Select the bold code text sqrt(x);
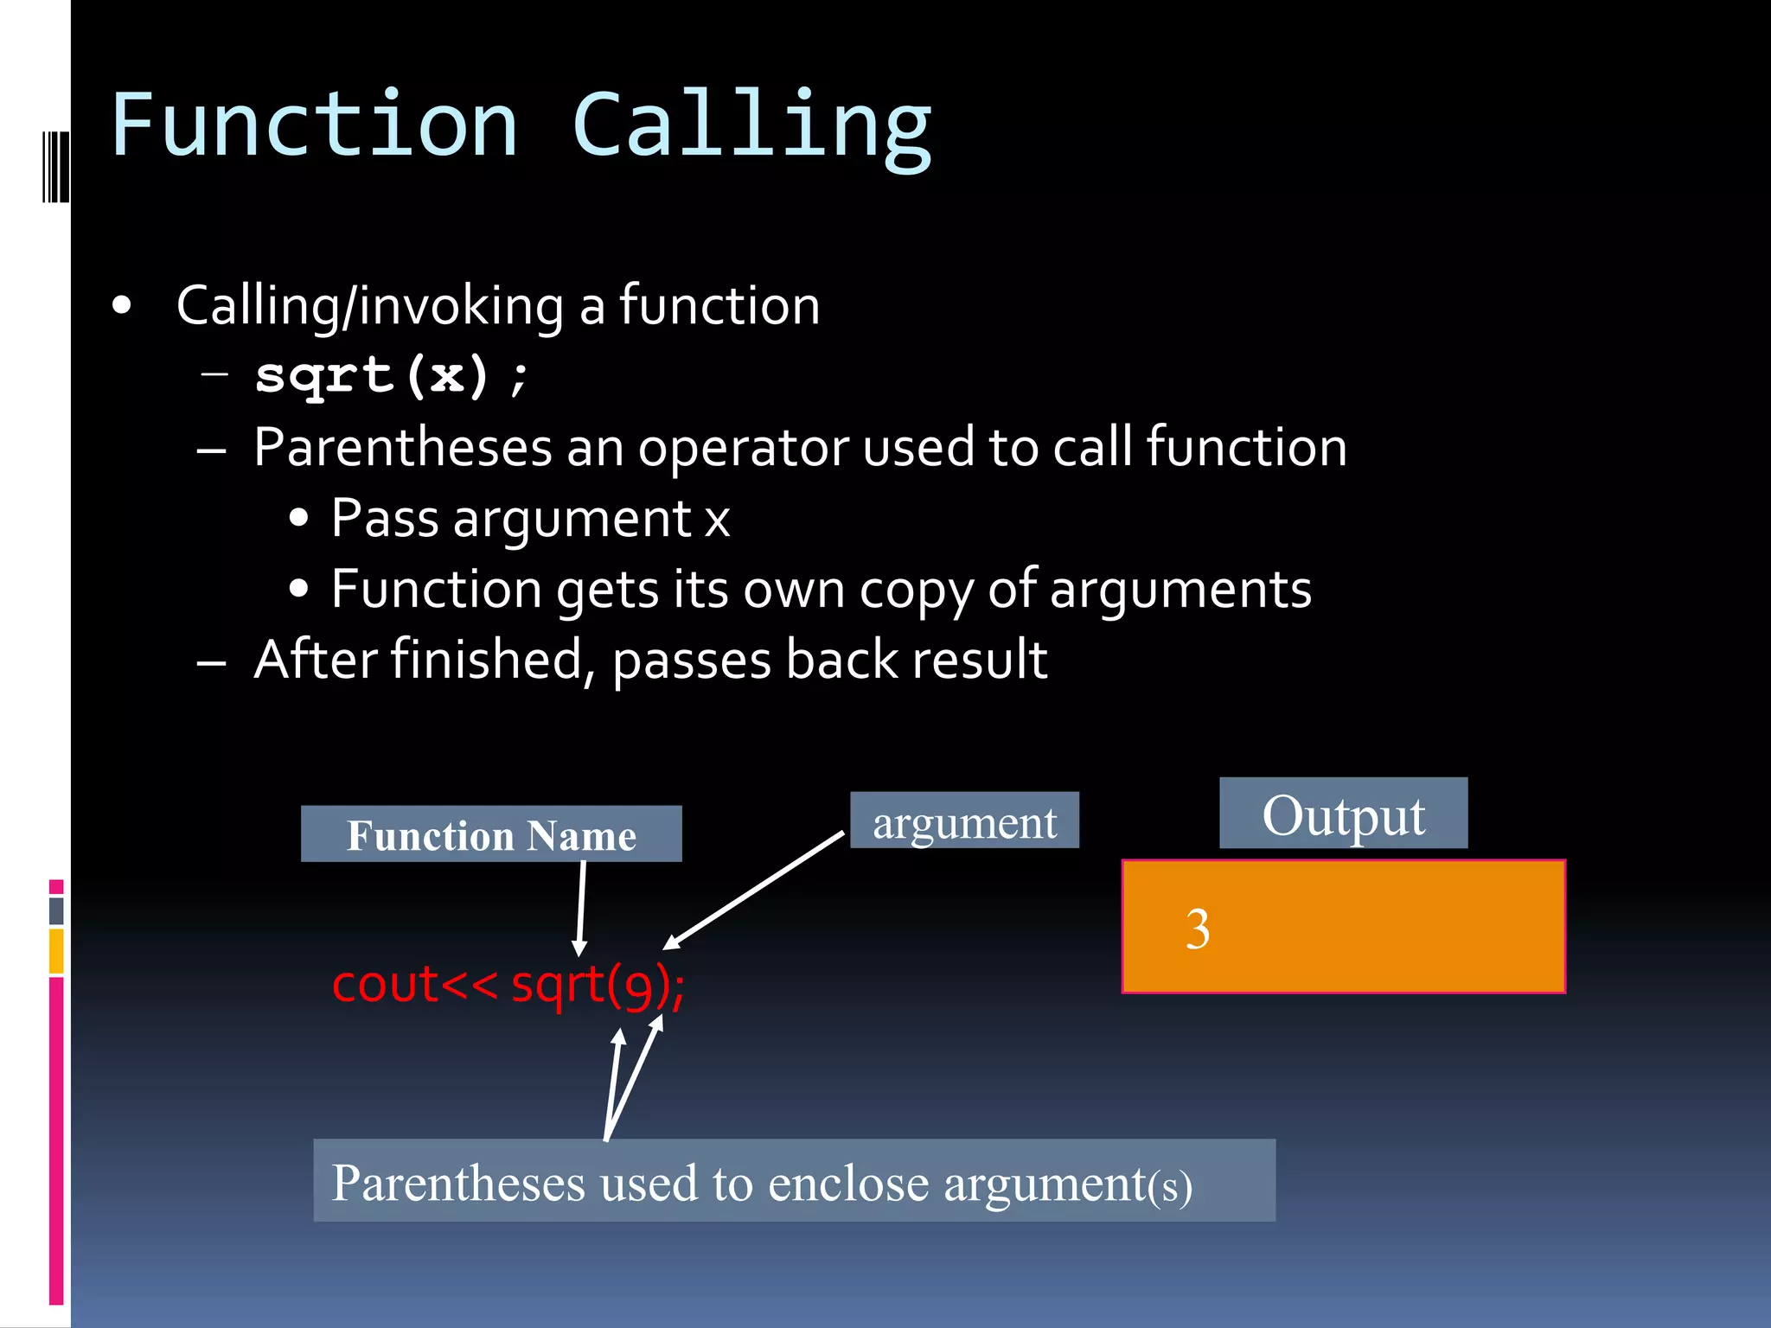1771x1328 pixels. [x=391, y=377]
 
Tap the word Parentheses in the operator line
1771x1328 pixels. [x=403, y=448]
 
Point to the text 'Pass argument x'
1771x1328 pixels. [x=530, y=520]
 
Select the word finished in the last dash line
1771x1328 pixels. [x=488, y=660]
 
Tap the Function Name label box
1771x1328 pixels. [x=491, y=834]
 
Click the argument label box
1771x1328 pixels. [x=964, y=820]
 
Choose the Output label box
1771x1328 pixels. [x=1343, y=814]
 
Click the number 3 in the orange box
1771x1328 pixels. [x=1198, y=929]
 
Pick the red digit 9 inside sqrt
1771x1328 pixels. [x=637, y=987]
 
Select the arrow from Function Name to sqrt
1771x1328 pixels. [x=581, y=908]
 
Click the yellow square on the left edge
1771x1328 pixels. [x=56, y=951]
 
